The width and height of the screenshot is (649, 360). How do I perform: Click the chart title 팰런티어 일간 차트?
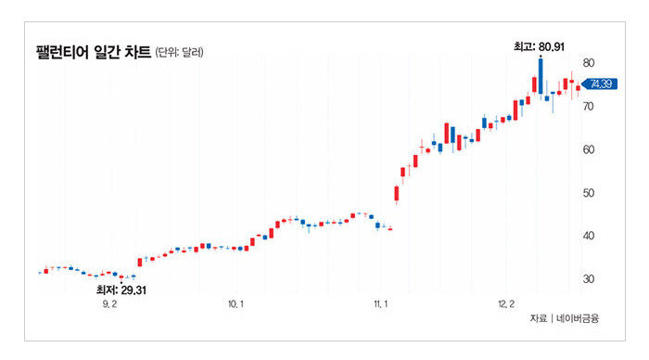tap(94, 52)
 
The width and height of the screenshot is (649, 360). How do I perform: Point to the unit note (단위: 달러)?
tap(179, 53)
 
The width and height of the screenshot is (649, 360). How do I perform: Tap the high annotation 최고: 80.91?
tap(539, 46)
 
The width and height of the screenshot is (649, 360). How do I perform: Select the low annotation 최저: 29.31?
tap(121, 290)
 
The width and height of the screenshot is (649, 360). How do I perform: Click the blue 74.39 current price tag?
tap(600, 84)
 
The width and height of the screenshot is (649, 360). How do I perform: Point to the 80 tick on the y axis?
tap(588, 63)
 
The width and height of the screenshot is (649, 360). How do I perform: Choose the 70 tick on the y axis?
tap(588, 107)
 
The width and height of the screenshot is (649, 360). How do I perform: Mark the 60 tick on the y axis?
tap(588, 149)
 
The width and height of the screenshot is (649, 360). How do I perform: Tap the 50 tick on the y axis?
tap(588, 193)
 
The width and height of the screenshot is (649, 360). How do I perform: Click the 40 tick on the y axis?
tap(588, 236)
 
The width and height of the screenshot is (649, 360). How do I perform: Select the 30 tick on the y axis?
tap(588, 278)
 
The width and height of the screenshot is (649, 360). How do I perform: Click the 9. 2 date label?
tap(109, 304)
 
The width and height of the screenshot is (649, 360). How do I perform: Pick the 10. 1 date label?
tap(235, 304)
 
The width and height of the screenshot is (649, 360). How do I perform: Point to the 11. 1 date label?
tap(381, 304)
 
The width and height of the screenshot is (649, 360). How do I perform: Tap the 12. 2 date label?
tap(506, 304)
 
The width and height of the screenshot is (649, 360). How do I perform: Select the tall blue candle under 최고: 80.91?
tap(541, 76)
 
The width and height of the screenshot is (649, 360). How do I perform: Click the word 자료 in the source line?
tap(538, 318)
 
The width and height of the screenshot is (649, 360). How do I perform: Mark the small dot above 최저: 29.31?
tap(121, 283)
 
